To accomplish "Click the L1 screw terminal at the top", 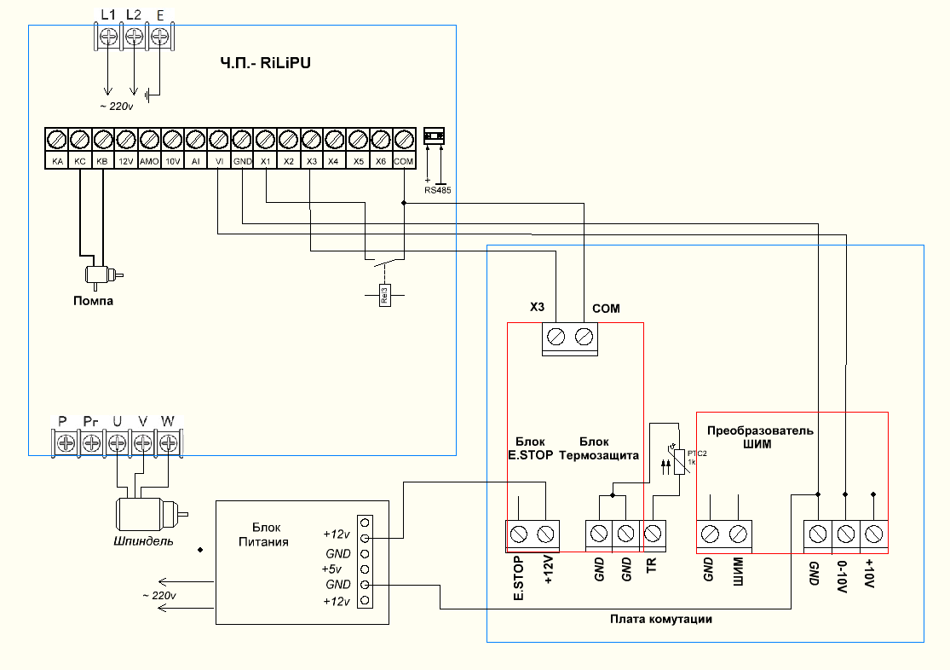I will [x=108, y=36].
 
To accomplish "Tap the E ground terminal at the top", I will [x=159, y=36].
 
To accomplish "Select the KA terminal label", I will [x=57, y=160].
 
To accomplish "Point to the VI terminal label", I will [x=219, y=160].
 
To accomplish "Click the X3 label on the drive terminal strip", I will [x=311, y=160].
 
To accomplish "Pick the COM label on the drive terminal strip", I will [x=404, y=160].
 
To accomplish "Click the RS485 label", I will [x=437, y=190].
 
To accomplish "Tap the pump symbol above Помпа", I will [x=101, y=274].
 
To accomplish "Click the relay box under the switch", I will [x=384, y=295].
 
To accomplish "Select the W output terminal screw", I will [x=169, y=442].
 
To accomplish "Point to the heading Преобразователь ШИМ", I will [x=760, y=436].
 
